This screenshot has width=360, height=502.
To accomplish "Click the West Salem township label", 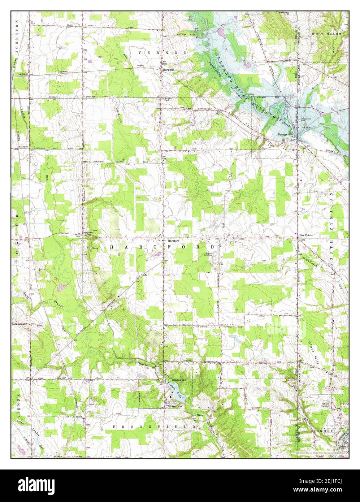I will click(326, 34).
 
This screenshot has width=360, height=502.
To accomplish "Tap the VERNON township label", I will click(163, 53).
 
